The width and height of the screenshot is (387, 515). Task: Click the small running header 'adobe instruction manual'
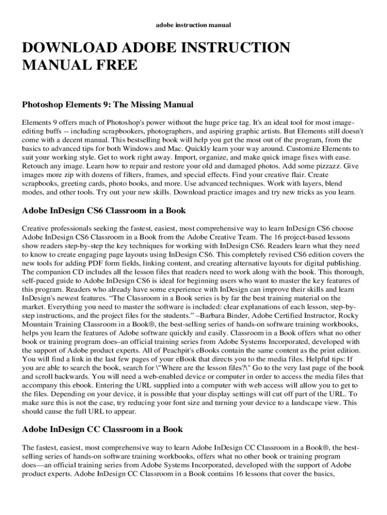coord(193,25)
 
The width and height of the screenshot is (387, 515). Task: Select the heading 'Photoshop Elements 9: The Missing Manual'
coord(108,105)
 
